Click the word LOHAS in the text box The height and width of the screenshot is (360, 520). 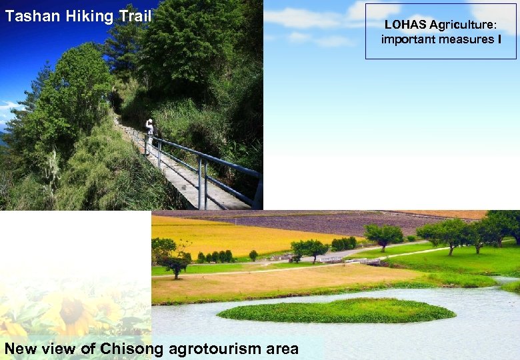click(x=405, y=25)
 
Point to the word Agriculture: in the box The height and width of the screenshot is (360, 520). click(x=463, y=25)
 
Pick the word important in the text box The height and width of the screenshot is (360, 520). click(x=409, y=39)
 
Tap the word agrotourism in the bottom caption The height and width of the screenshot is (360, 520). click(x=214, y=349)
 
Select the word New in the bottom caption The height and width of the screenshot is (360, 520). click(x=21, y=349)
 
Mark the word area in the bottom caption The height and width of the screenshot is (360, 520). click(x=280, y=349)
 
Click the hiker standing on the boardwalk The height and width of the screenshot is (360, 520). click(x=149, y=133)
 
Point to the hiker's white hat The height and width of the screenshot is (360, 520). click(x=149, y=122)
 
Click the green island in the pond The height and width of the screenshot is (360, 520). click(x=337, y=311)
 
